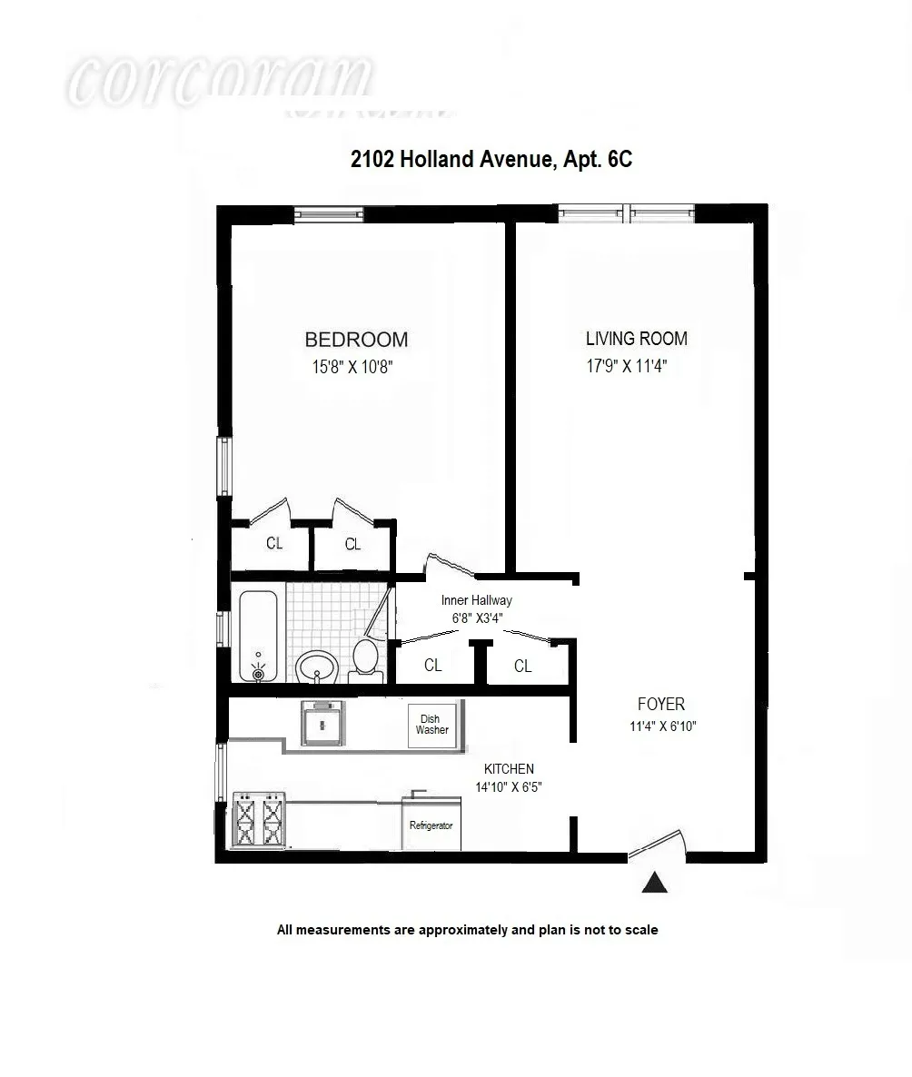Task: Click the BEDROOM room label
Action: pos(356,340)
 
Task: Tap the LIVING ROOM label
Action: pos(636,339)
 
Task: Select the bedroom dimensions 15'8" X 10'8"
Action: pos(352,367)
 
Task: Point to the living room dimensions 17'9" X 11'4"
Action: pos(632,367)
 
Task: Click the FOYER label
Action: pos(660,704)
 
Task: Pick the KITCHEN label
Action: pos(509,768)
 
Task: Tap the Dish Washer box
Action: pos(431,725)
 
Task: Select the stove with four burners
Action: pos(259,820)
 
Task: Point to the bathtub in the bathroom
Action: pos(261,636)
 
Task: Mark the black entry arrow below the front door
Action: pos(654,882)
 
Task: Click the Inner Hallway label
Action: pos(476,600)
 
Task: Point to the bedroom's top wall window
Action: pos(328,214)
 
